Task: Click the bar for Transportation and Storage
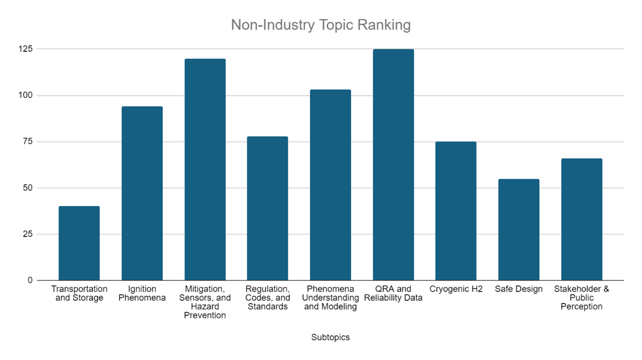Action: (x=79, y=243)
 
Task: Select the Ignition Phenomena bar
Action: (x=142, y=193)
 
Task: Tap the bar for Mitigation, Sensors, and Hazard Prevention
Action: (x=205, y=170)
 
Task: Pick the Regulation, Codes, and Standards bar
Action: (x=267, y=209)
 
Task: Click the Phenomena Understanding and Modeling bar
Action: (x=331, y=185)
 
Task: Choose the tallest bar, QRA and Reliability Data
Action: (x=393, y=165)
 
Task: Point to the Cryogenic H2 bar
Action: (x=456, y=211)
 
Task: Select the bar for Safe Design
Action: (x=519, y=229)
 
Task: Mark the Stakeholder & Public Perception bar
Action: (x=582, y=219)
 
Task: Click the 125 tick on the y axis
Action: (x=26, y=49)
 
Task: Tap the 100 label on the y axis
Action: (x=26, y=95)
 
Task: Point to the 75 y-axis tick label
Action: (x=27, y=142)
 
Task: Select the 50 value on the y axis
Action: (x=27, y=188)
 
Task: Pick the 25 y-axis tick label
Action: (x=27, y=234)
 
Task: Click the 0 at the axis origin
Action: (x=30, y=280)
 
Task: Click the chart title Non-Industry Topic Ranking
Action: (x=320, y=25)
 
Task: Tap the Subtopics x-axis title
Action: (x=331, y=337)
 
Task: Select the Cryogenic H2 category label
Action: (x=456, y=289)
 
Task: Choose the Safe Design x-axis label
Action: (x=519, y=289)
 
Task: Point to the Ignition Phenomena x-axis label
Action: (x=142, y=293)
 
